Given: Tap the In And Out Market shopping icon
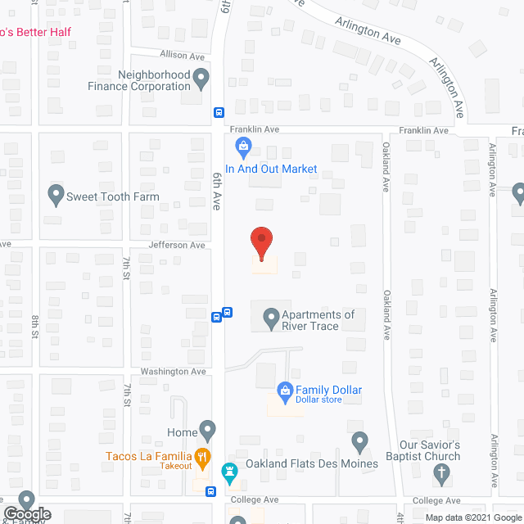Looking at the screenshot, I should coord(242,148).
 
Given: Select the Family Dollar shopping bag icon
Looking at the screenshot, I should coord(285,391).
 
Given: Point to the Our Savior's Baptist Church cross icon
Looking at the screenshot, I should coord(442,472).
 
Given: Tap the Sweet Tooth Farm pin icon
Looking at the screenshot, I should coord(56,196).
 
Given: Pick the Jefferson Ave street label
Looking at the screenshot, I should coord(177,245).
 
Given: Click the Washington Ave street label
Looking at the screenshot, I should coord(172,371).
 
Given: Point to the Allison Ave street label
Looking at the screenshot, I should coord(183,56).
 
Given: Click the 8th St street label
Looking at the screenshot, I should coord(35,323).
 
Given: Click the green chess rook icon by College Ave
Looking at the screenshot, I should coord(229,472).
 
